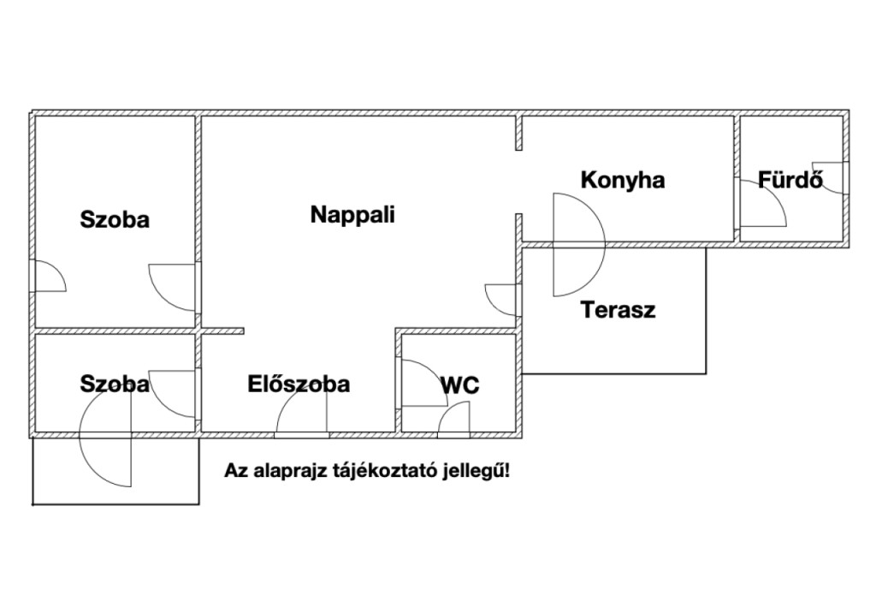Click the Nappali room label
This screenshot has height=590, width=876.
coord(352,215)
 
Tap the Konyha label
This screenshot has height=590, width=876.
coord(622,181)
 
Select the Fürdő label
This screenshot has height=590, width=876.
coord(790,181)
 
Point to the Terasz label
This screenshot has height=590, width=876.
coord(618,310)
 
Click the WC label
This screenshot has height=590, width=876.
coord(459,386)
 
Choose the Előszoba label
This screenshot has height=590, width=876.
coord(299,384)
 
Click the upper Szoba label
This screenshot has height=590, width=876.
coord(115,220)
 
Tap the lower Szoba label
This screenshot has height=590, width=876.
coord(115,384)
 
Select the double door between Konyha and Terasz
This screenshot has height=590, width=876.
coord(578,245)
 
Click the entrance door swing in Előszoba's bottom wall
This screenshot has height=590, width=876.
coord(302,420)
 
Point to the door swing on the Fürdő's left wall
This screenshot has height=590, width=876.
coord(762,203)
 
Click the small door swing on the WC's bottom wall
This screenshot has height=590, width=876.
coord(454,421)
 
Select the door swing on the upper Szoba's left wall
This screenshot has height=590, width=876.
coord(48,277)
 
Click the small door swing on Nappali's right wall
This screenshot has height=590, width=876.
coord(502,298)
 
